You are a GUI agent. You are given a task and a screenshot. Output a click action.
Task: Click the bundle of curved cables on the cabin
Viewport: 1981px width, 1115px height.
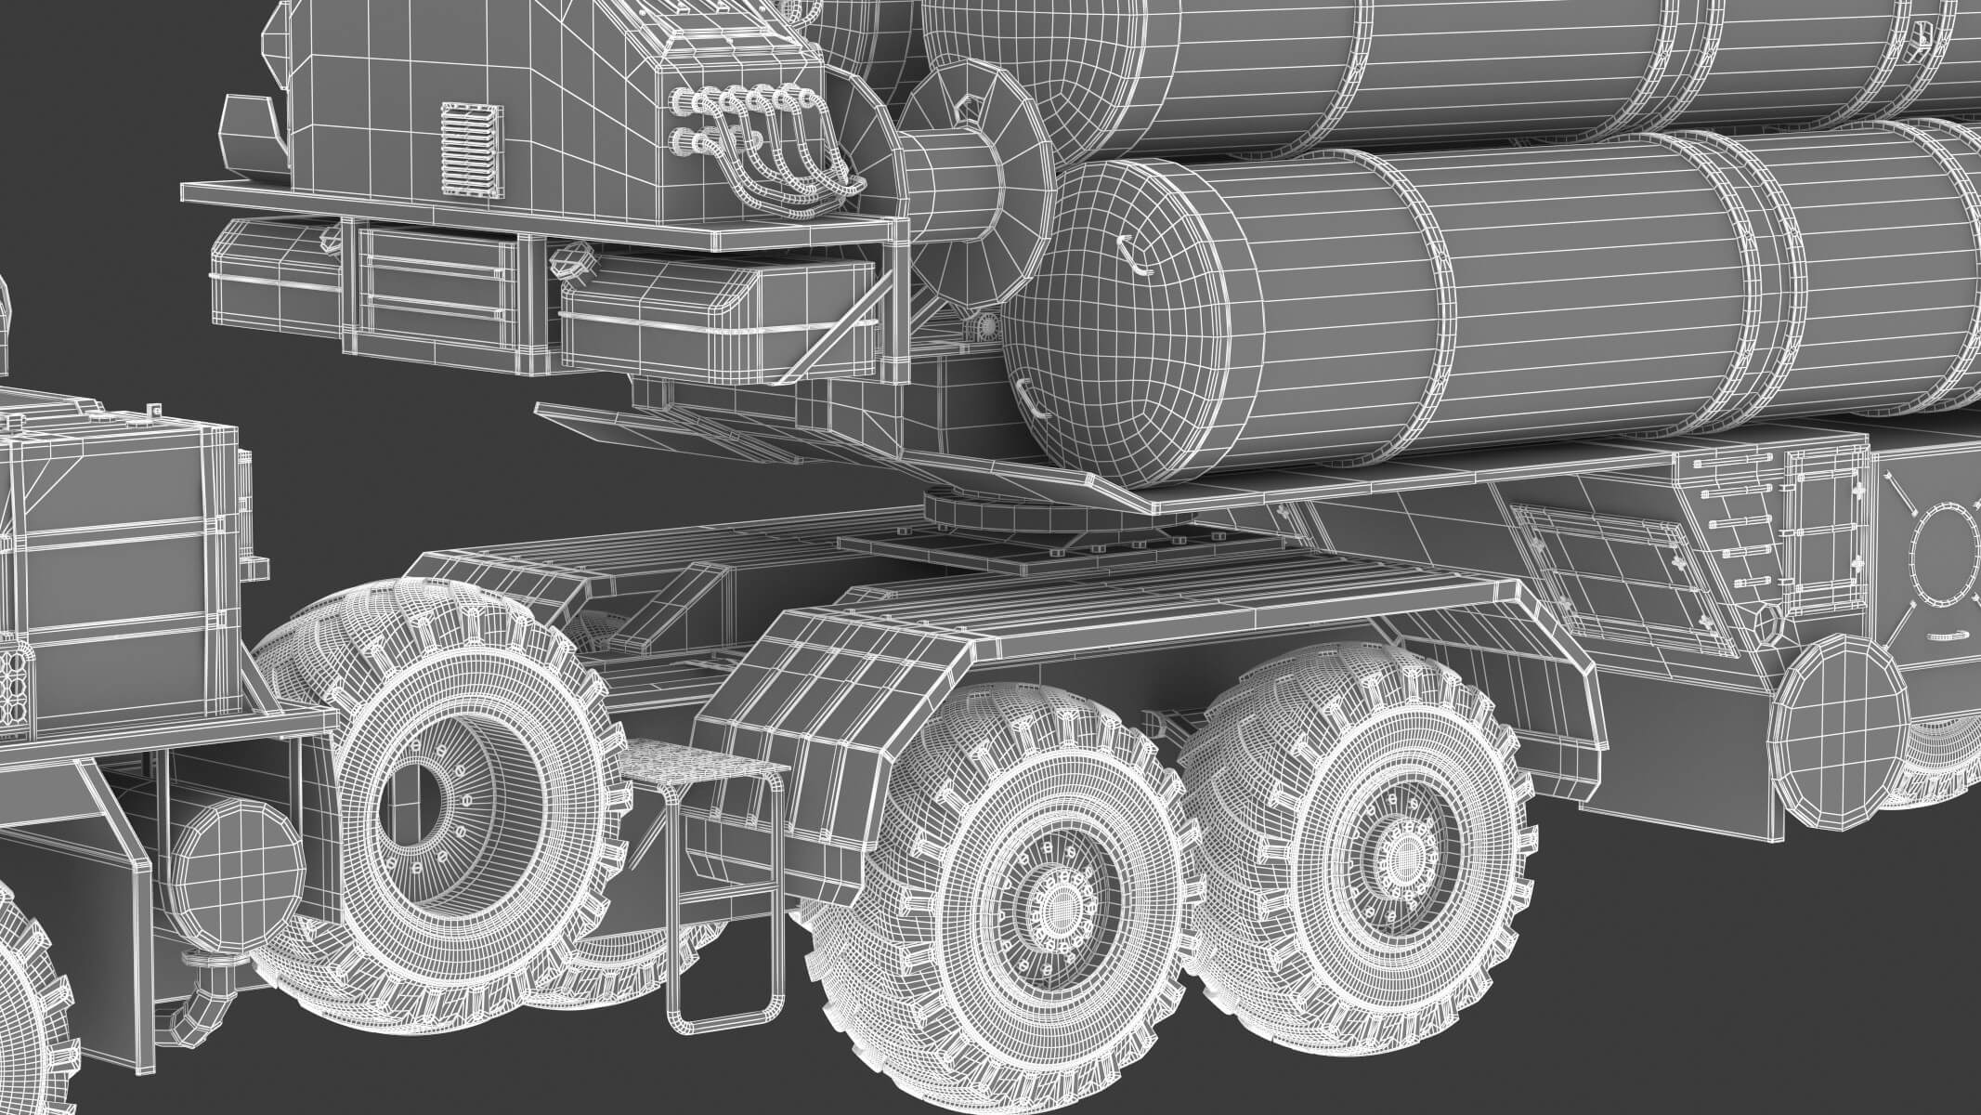pos(762,149)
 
